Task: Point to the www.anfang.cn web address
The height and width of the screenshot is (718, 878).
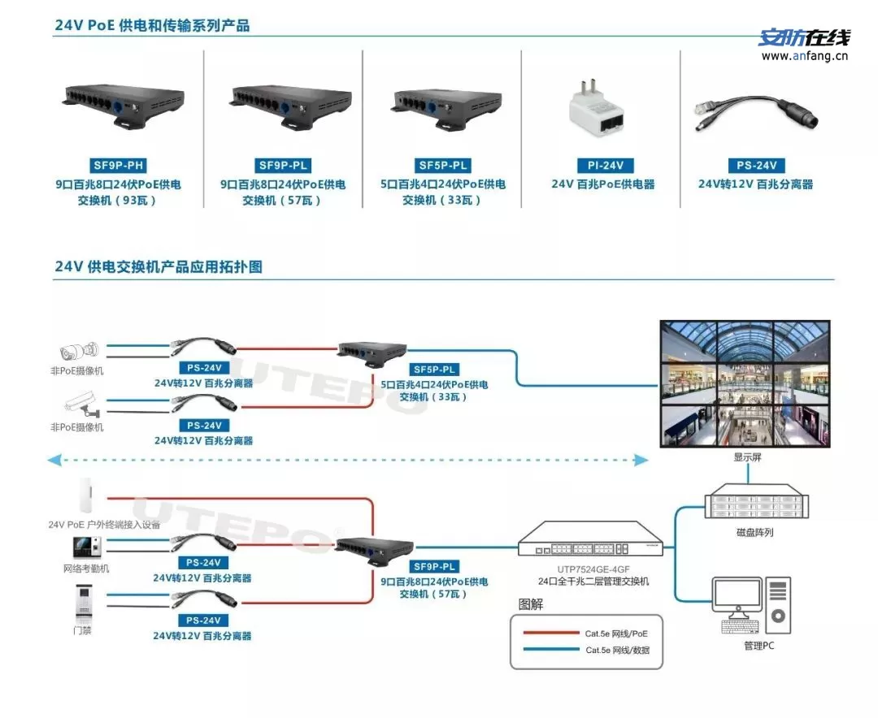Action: point(804,57)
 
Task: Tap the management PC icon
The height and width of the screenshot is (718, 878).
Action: point(750,605)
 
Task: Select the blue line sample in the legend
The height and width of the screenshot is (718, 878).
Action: point(550,650)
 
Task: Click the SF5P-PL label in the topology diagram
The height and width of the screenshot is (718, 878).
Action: point(435,370)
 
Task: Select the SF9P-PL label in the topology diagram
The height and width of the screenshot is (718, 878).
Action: point(435,566)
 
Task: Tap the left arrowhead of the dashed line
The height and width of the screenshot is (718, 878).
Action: point(53,461)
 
